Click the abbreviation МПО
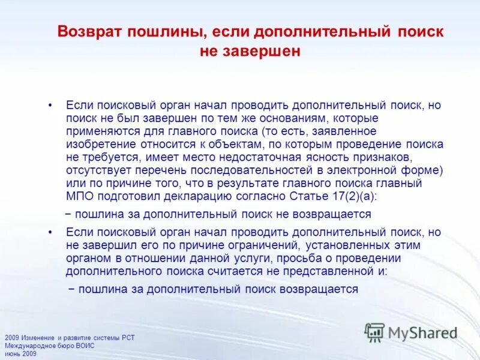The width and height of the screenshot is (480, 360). (x=78, y=196)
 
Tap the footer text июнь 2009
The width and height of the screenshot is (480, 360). (x=20, y=353)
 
